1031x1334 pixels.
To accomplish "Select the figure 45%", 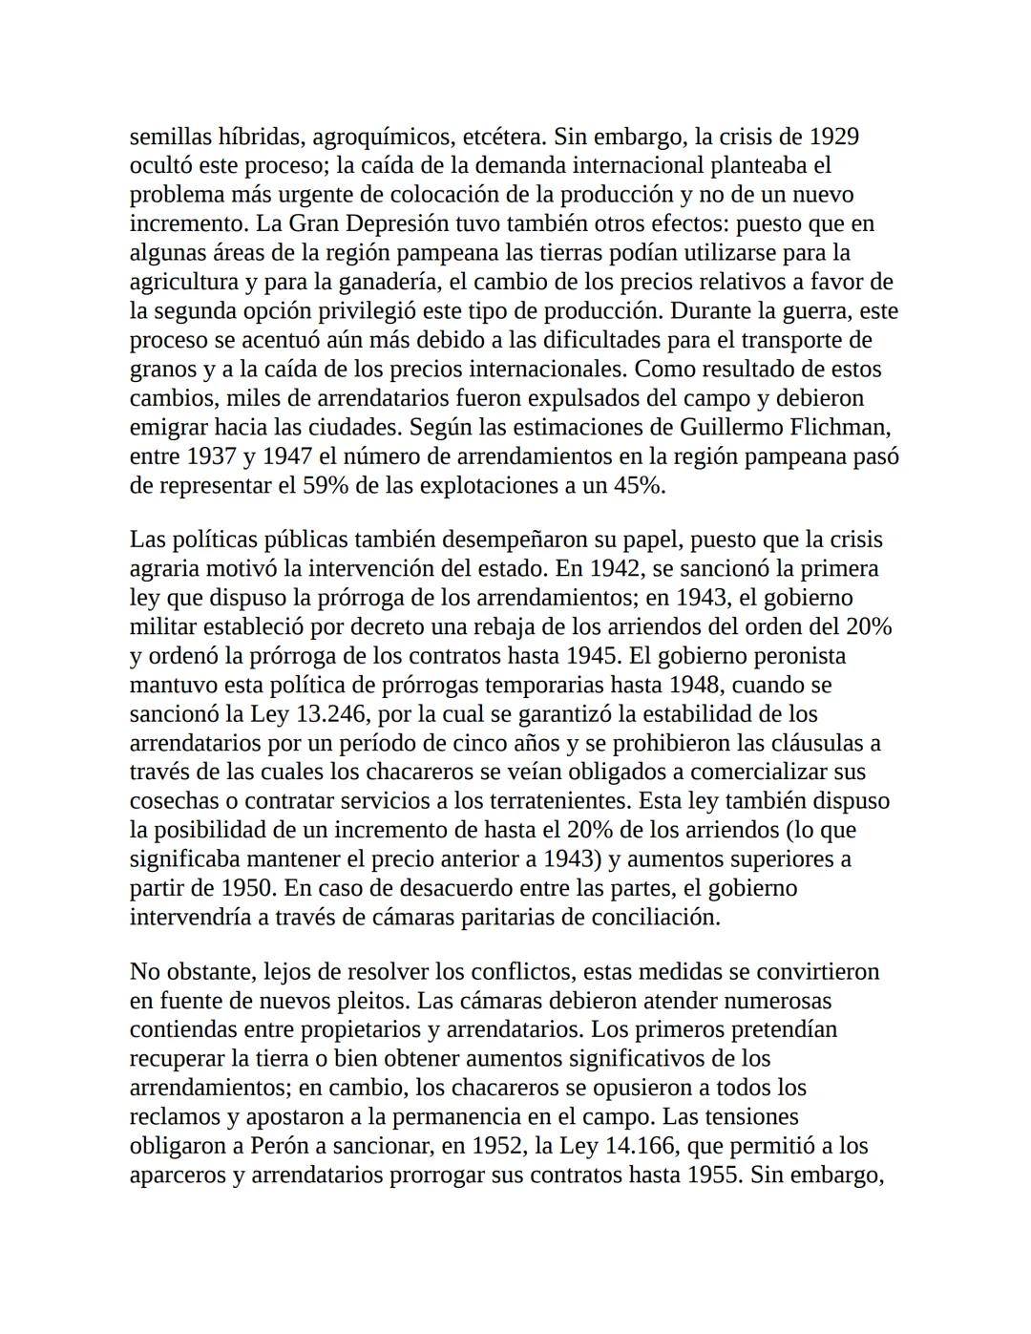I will [x=635, y=485].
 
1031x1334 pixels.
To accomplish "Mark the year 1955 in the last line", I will [x=713, y=1175].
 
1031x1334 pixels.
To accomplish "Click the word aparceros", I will [x=178, y=1175].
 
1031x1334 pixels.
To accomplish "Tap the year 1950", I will [x=247, y=888].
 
